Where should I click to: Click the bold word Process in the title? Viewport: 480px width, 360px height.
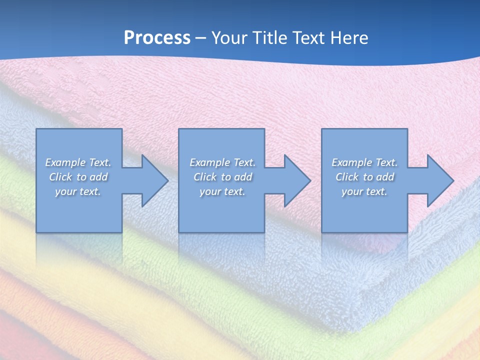[157, 38]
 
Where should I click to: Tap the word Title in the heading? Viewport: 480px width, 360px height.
[269, 38]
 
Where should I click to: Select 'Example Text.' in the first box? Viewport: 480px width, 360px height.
[78, 162]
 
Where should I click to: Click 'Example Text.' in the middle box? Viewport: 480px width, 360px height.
[222, 162]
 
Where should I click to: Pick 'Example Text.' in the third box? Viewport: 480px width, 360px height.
[364, 162]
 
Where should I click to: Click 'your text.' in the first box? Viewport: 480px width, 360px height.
[78, 191]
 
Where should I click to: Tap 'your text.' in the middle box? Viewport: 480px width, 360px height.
[222, 191]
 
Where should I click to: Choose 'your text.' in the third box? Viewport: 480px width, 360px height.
[364, 191]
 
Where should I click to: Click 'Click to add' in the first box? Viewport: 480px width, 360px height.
[78, 177]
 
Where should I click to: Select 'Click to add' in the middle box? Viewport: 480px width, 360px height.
[222, 177]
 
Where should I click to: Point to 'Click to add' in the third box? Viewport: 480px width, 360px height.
[364, 177]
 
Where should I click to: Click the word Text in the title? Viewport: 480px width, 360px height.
[306, 38]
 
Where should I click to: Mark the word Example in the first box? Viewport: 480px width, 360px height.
[65, 162]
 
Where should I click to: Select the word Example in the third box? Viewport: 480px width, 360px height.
[351, 162]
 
